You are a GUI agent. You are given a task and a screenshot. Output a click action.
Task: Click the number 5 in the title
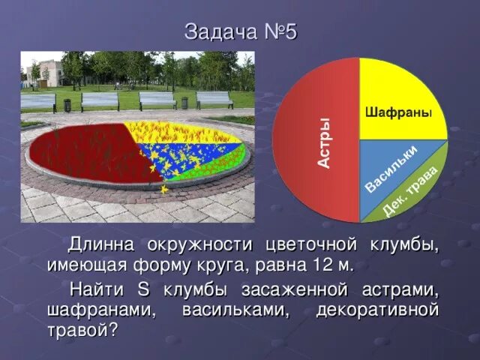(290, 31)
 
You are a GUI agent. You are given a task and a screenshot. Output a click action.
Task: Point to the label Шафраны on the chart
(398, 112)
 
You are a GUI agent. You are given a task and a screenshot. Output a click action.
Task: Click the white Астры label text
(324, 142)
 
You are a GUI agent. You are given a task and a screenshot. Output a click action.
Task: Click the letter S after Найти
(143, 289)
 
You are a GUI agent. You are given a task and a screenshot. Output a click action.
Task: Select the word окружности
(200, 245)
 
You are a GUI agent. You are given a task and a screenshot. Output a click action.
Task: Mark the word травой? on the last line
(82, 331)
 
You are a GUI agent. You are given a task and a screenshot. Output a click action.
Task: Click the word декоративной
(377, 310)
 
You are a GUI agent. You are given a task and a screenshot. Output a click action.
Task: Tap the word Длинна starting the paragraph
(100, 245)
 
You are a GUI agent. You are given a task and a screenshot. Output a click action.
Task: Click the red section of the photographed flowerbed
(91, 153)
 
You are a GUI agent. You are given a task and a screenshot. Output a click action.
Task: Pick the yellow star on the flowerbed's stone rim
(163, 189)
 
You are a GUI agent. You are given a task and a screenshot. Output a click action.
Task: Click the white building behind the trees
(45, 73)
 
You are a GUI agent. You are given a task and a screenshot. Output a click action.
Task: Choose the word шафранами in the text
(101, 310)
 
